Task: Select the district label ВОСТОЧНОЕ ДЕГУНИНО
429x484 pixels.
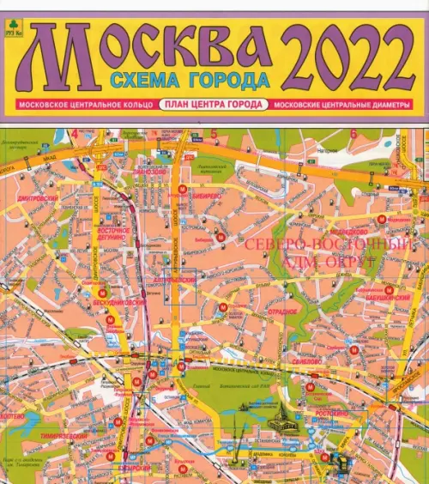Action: pos(112,235)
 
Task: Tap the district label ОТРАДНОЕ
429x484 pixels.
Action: pos(282,311)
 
